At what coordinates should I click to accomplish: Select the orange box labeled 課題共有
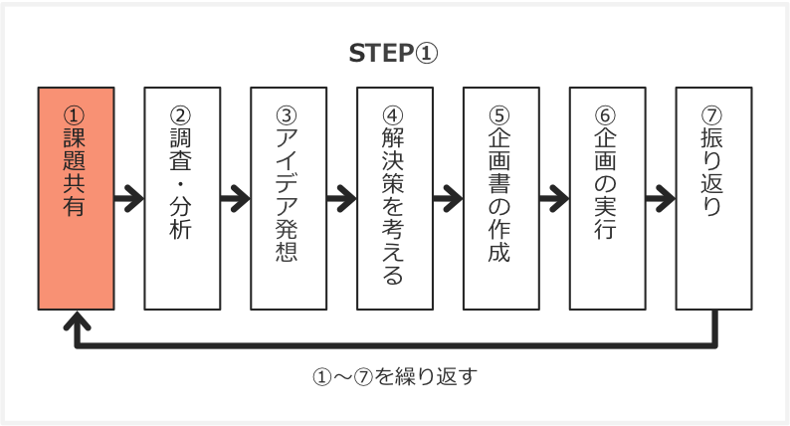pyautogui.click(x=76, y=198)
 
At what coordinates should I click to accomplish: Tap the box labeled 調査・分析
pyautogui.click(x=182, y=198)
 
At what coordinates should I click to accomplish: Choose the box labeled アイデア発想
pyautogui.click(x=289, y=198)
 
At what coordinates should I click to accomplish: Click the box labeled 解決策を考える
pyautogui.click(x=395, y=198)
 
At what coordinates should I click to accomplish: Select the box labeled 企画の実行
pyautogui.click(x=607, y=198)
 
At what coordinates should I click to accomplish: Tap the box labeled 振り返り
pyautogui.click(x=713, y=198)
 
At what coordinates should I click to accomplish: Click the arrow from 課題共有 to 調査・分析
pyautogui.click(x=129, y=197)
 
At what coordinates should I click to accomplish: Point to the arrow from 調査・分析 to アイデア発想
pyautogui.click(x=236, y=197)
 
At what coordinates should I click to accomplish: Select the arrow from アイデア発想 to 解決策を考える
pyautogui.click(x=341, y=197)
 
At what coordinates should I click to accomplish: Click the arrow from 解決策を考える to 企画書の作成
pyautogui.click(x=448, y=197)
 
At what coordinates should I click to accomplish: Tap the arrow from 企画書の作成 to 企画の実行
pyautogui.click(x=554, y=197)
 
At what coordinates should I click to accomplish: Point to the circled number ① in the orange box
pyautogui.click(x=76, y=112)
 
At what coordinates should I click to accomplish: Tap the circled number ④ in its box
pyautogui.click(x=395, y=112)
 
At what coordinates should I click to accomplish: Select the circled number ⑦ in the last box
pyautogui.click(x=713, y=112)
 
